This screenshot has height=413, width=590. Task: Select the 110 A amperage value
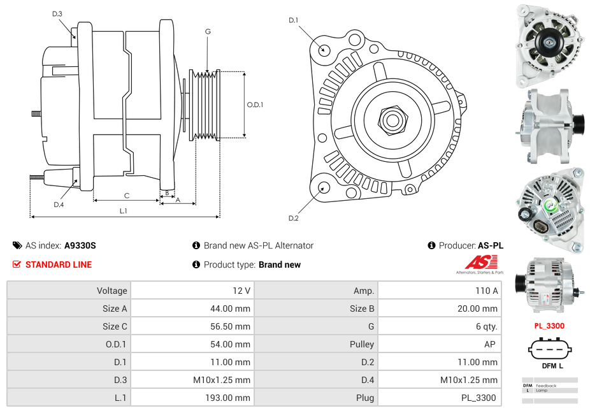pos(486,291)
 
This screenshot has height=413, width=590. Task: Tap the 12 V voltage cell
pos(241,291)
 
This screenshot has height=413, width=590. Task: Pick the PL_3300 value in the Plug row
pos(479,398)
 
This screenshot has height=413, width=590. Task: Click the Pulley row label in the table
pos(362,344)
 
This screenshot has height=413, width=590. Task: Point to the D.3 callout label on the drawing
pos(57,13)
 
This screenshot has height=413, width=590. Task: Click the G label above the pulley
pos(208,31)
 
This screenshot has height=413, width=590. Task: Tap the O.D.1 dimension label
pos(255,105)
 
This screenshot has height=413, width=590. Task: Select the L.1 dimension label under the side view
pos(123,210)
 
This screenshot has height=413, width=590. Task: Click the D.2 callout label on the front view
pos(293,218)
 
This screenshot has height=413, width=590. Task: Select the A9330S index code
pos(80,245)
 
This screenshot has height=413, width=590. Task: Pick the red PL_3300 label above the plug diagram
pos(549,326)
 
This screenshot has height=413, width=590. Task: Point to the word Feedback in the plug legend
pos(546,386)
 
